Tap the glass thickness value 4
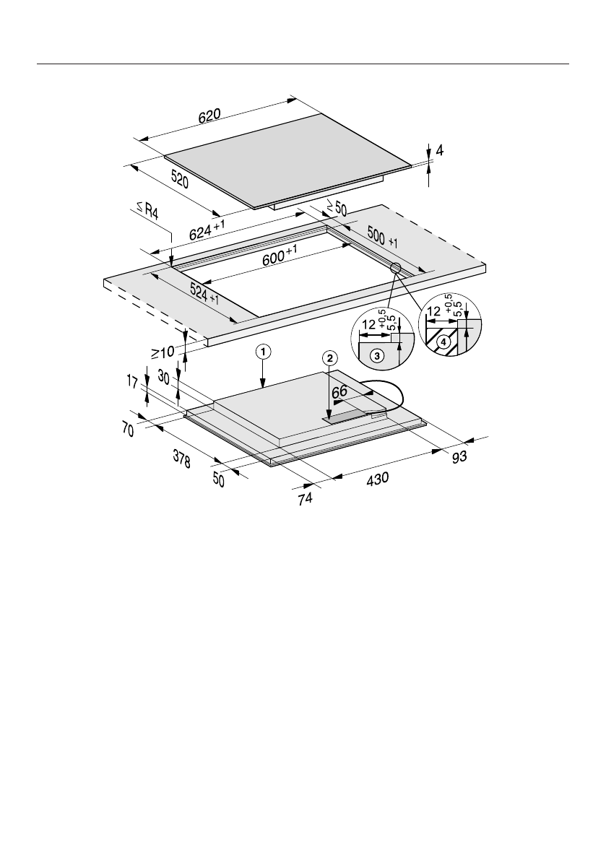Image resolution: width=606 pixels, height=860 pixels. [440, 152]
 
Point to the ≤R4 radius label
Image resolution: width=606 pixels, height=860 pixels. [147, 212]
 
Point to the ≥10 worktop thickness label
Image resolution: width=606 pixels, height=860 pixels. [162, 353]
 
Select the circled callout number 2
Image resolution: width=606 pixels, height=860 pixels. [329, 358]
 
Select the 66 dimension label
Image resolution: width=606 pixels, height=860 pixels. [340, 391]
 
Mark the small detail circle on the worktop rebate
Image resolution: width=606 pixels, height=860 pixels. [396, 268]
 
